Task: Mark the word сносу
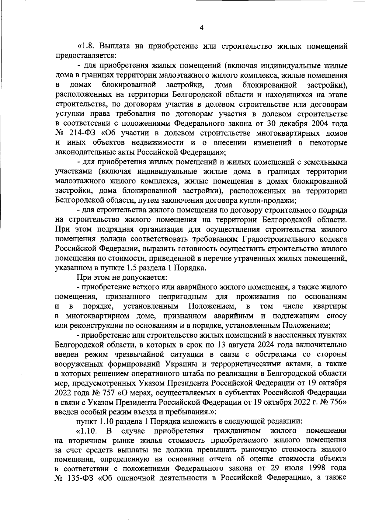pos(336,316)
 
